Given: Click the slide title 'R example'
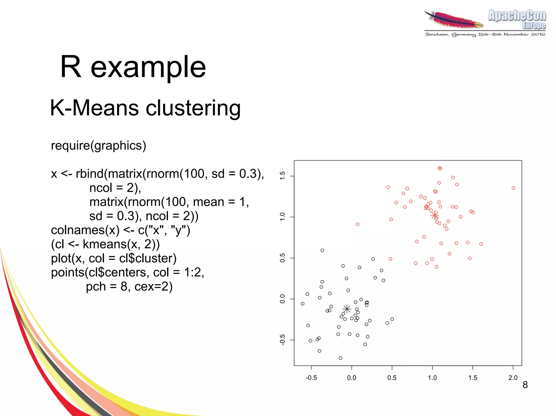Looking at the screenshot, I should (x=133, y=67).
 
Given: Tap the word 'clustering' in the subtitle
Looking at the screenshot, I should (x=193, y=108).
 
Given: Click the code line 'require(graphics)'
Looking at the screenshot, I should (x=99, y=146).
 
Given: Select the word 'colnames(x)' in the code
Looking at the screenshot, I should (x=85, y=230).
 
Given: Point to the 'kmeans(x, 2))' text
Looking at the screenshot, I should (x=121, y=244).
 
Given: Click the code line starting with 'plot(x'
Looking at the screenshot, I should (x=113, y=258).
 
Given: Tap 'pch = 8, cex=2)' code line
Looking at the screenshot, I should (x=129, y=286).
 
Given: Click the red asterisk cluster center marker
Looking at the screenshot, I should (x=435, y=216).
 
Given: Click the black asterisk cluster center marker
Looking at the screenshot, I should (x=347, y=309).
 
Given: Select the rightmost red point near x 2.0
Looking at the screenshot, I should (x=513, y=188).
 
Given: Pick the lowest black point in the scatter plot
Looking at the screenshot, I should (x=340, y=358).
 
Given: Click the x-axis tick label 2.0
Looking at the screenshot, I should (x=513, y=378).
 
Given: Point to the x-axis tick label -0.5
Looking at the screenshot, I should (x=311, y=378).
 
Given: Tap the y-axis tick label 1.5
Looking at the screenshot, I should (x=283, y=176).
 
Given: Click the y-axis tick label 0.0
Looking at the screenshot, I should (x=283, y=299).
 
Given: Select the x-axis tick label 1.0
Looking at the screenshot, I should (x=432, y=378).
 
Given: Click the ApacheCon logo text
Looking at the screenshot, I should (x=517, y=16).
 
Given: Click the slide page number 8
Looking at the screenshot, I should (x=525, y=385).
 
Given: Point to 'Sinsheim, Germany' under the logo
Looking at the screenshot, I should (x=450, y=34).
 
